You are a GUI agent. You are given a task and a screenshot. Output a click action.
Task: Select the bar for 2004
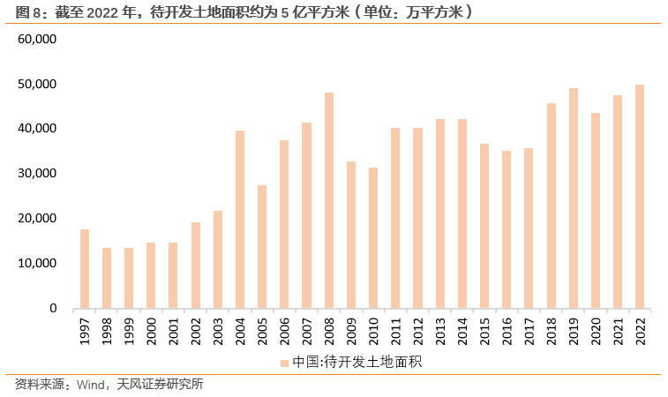click(x=240, y=220)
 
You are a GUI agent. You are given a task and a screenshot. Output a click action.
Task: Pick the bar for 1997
click(x=85, y=269)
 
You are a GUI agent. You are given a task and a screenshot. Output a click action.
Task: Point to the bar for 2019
click(x=574, y=198)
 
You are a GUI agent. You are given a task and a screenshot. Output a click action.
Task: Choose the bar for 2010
click(x=373, y=238)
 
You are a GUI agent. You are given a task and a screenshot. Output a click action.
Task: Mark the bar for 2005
click(x=262, y=247)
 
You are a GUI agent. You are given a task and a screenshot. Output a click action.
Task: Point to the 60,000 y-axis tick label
click(x=36, y=40)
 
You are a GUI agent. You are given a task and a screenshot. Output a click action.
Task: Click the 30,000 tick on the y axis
click(x=36, y=174)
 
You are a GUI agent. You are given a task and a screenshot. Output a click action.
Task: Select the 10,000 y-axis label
click(x=36, y=264)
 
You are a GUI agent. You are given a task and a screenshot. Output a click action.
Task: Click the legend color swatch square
click(x=285, y=362)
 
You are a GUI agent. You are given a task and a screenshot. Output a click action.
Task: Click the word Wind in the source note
click(x=91, y=385)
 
